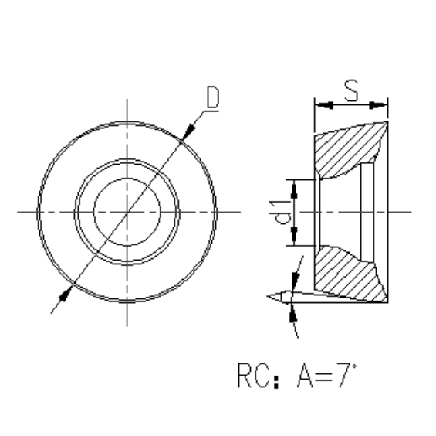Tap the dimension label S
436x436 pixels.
pyautogui.click(x=350, y=91)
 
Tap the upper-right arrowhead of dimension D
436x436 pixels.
pyautogui.click(x=187, y=135)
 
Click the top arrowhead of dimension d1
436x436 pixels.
pyautogui.click(x=295, y=182)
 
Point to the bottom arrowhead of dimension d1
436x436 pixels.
pyautogui.click(x=295, y=241)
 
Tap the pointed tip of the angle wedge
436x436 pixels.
pyautogui.click(x=267, y=295)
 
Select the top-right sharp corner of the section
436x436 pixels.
pyautogui.click(x=386, y=121)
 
